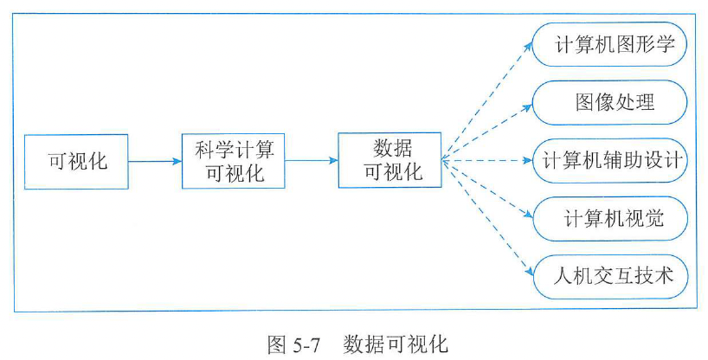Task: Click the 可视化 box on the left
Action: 77,161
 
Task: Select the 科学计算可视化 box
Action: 234,161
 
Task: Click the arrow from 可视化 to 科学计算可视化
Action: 156,161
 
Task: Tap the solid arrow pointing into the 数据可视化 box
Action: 312,161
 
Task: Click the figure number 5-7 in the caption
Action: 306,344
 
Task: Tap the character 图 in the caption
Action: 277,344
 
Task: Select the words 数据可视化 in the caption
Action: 396,344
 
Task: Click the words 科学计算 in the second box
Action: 234,150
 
